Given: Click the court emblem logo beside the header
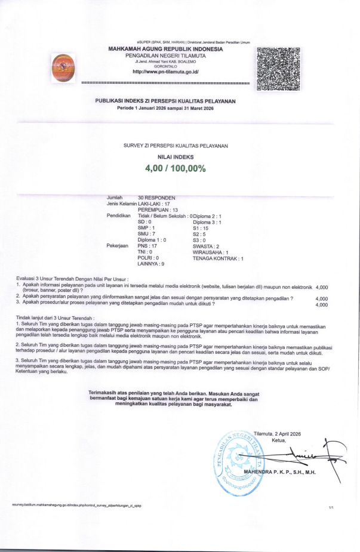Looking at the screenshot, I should click(63, 67).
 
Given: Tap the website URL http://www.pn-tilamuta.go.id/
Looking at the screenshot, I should click(166, 72).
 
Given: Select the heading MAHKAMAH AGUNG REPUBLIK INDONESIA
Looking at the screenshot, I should click(165, 49).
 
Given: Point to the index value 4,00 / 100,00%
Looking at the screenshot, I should click(175, 168).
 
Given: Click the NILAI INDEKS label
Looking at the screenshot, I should click(175, 156).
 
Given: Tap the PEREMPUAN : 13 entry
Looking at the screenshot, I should click(158, 210).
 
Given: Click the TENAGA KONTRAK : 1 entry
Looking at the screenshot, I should click(218, 258).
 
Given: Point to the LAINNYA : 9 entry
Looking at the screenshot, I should click(151, 263).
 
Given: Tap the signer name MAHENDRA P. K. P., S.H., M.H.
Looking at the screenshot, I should click(279, 473).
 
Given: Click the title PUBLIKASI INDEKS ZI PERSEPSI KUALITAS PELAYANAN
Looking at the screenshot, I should click(165, 101).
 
